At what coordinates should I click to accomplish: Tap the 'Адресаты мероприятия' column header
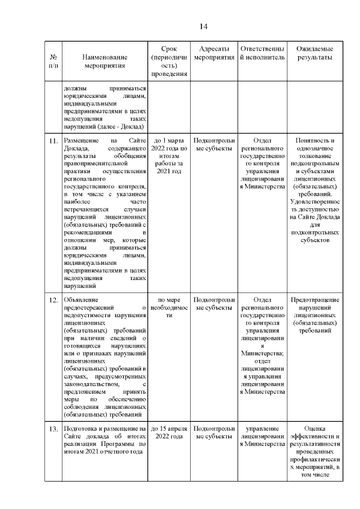(213, 53)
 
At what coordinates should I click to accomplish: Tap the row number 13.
(53, 430)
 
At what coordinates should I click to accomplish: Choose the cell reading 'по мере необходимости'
(169, 308)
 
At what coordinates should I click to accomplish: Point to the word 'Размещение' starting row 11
(83, 141)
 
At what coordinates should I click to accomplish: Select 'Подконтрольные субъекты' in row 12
(213, 304)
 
